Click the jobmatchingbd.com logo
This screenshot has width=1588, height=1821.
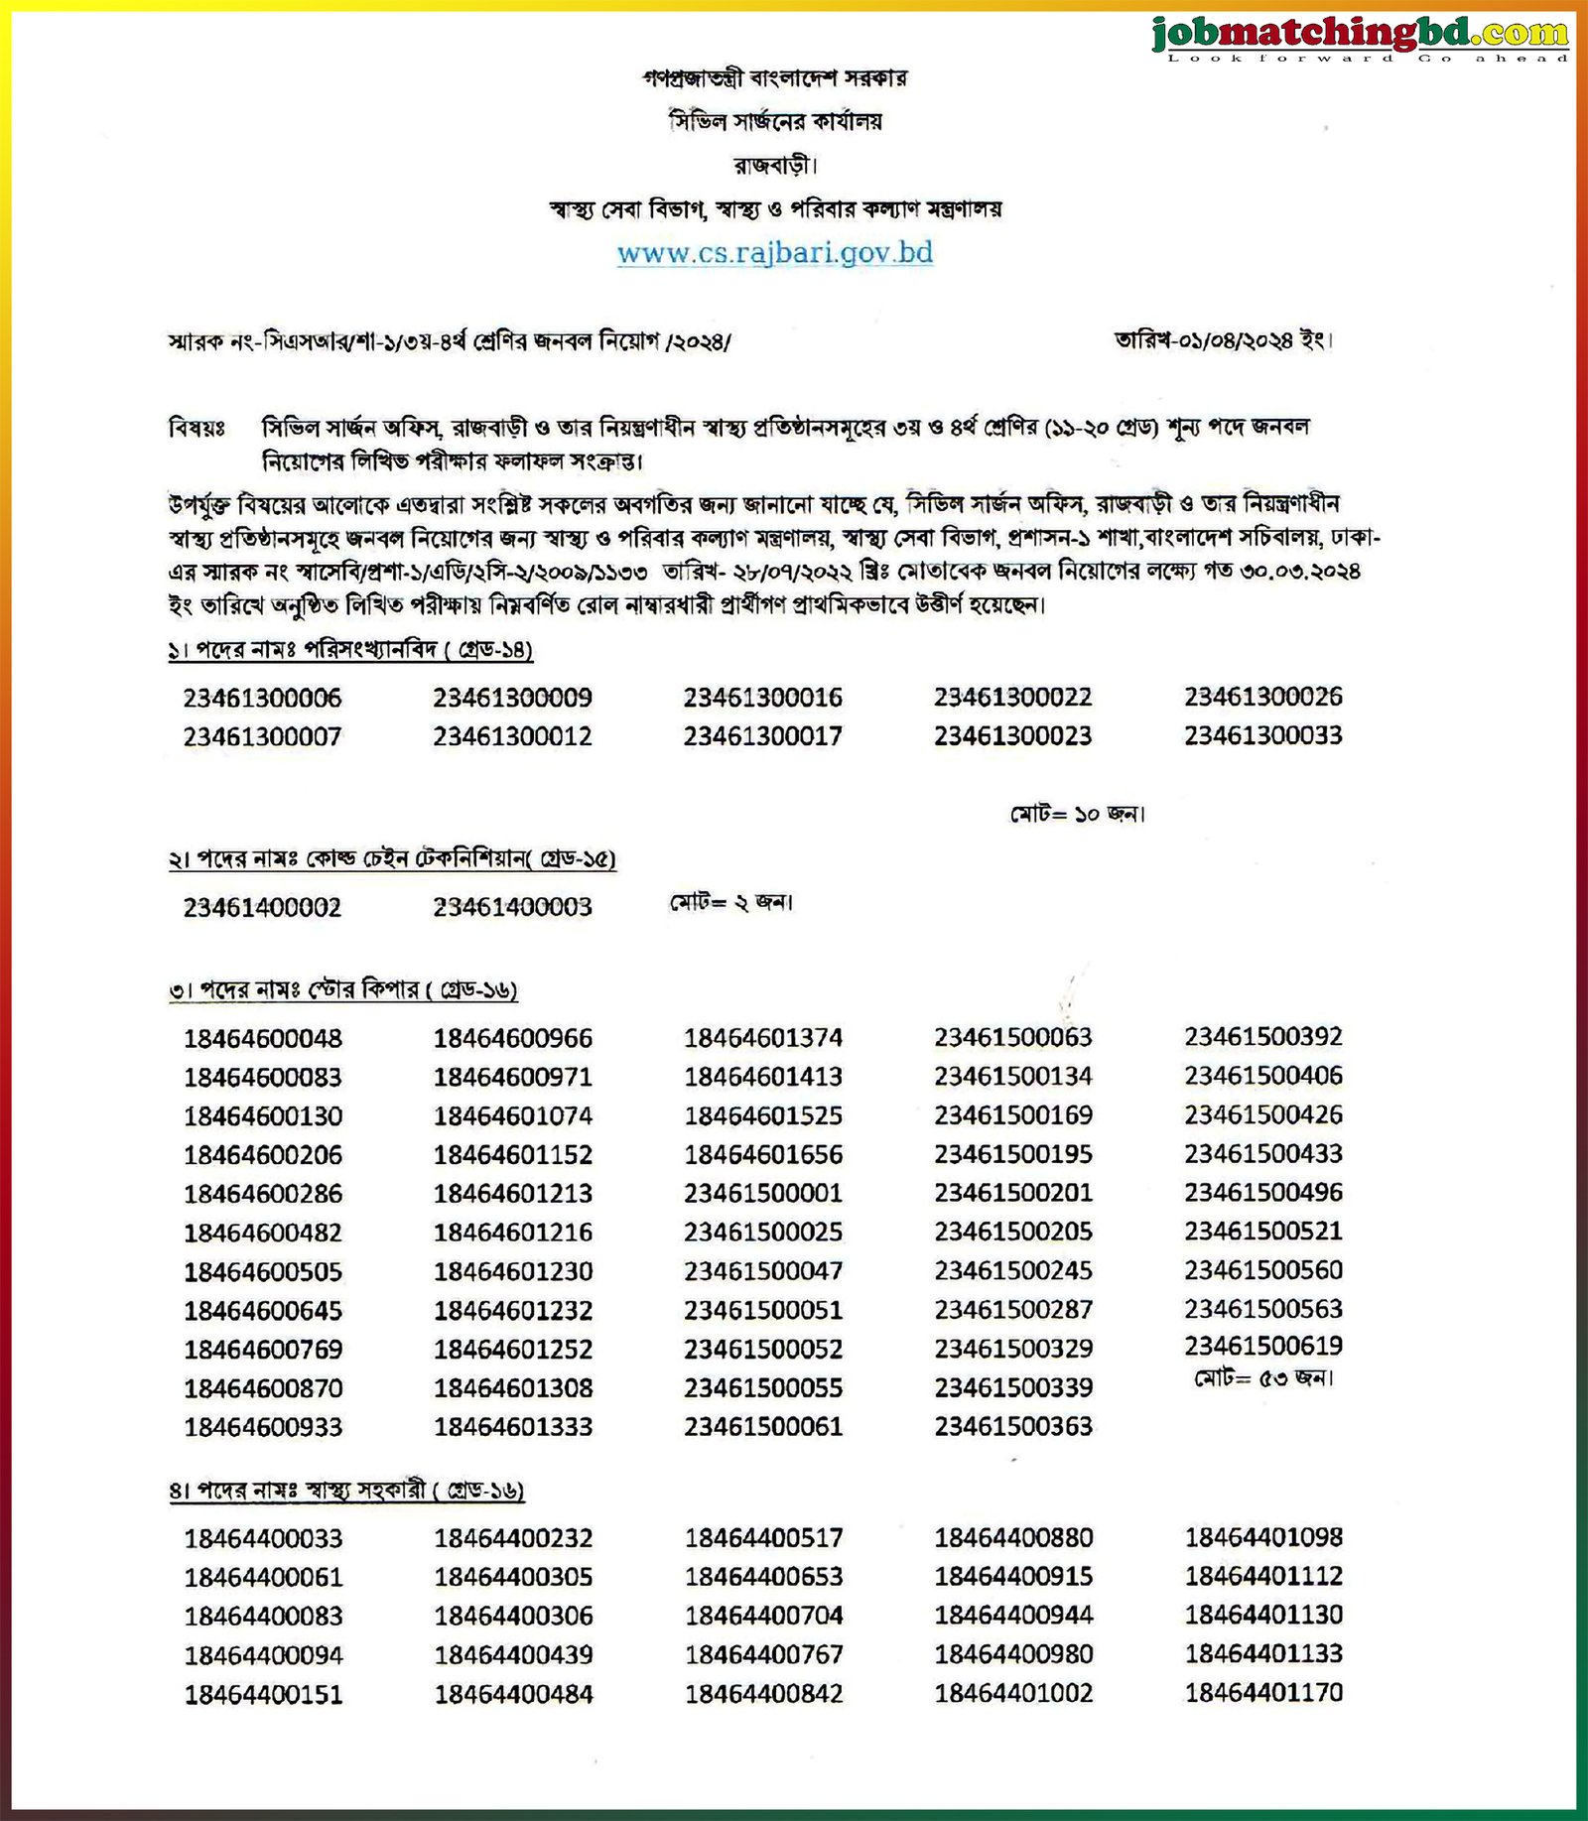tap(1361, 37)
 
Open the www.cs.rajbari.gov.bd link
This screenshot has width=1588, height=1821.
tap(775, 253)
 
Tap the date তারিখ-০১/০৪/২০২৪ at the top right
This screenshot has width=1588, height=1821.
tap(1223, 340)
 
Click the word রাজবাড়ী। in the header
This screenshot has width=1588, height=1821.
tap(775, 165)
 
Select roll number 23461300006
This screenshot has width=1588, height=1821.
tap(262, 699)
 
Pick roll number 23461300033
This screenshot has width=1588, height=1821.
tap(1262, 736)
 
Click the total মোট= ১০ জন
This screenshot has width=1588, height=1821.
tap(1078, 815)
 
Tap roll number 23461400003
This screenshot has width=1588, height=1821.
tap(512, 907)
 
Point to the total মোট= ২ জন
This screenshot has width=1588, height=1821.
tap(731, 903)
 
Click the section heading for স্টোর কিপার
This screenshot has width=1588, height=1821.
tap(343, 990)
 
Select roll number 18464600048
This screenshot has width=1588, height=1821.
tap(262, 1039)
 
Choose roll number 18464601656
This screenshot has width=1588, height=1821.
tap(763, 1155)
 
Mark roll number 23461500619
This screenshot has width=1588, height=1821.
tap(1262, 1347)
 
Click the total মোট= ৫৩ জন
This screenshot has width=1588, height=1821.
tap(1263, 1378)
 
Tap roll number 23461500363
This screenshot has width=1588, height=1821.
tap(1012, 1427)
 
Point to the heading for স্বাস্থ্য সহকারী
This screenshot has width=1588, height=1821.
tap(346, 1491)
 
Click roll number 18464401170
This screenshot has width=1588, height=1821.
tap(1262, 1693)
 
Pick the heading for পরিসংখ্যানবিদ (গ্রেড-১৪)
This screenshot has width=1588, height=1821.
tap(350, 651)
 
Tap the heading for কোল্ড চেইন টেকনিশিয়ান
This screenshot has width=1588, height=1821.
tap(392, 859)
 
